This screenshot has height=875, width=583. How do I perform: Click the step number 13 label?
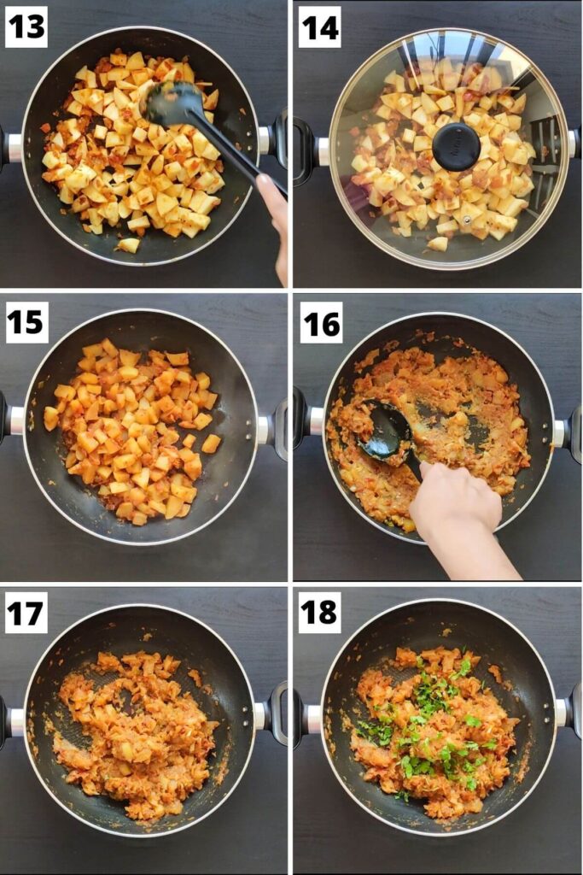click(26, 26)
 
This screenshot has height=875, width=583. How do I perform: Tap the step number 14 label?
click(319, 26)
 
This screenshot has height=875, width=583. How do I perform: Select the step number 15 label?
click(26, 322)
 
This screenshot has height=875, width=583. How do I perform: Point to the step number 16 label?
click(319, 322)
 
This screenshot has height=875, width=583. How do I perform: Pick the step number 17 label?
click(26, 613)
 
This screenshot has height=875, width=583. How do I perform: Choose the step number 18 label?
click(319, 613)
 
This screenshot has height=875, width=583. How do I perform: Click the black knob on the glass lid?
click(456, 146)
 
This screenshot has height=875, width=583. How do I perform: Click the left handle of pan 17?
click(10, 722)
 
